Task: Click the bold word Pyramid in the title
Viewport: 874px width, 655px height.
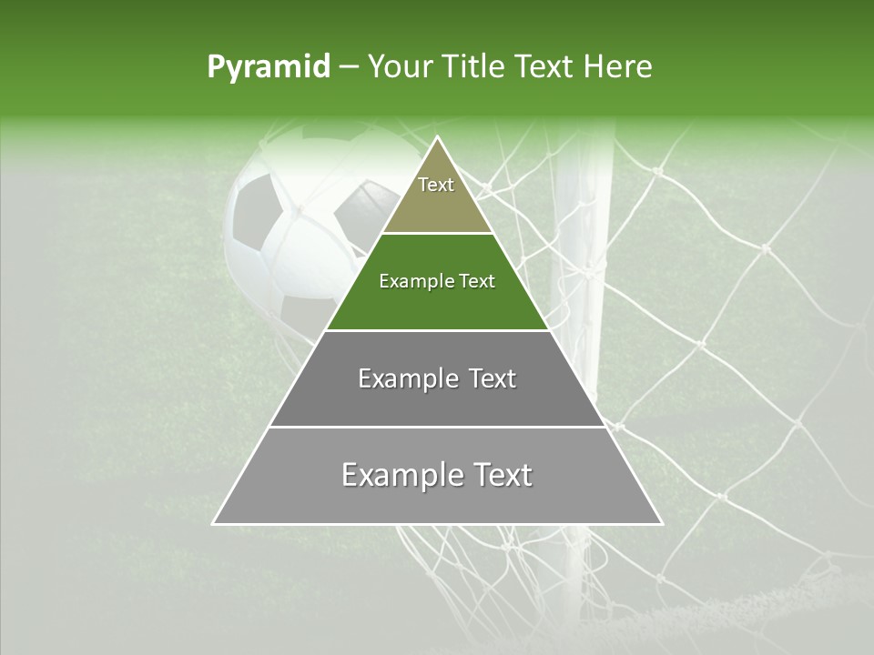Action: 269,67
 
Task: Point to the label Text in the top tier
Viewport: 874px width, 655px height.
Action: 436,185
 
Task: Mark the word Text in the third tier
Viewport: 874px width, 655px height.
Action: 485,378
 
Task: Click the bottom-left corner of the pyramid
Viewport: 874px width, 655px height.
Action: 215,523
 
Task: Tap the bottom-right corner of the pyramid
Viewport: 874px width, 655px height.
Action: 660,523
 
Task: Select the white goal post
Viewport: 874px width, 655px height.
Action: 584,273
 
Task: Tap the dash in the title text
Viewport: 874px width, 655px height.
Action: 348,67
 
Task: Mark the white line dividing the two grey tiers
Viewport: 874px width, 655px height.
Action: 437,427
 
